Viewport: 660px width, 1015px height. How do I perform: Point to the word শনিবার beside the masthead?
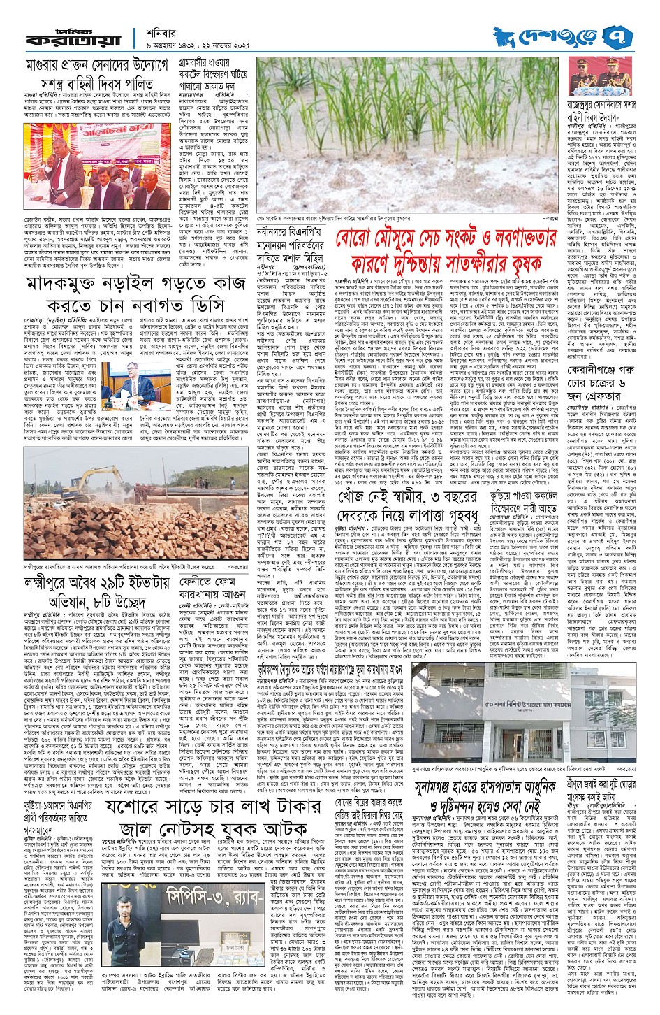(x=159, y=30)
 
